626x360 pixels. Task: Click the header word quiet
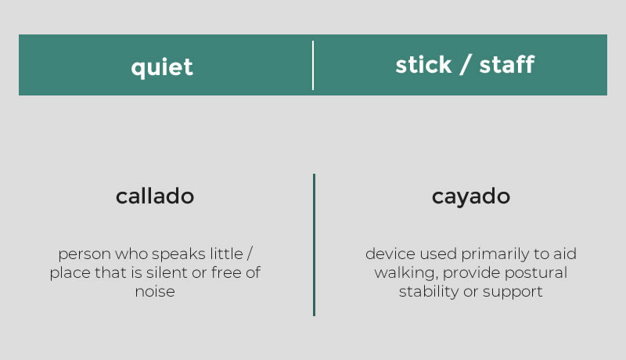coord(162,67)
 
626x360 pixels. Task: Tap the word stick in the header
coord(423,65)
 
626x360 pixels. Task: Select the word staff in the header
coord(506,65)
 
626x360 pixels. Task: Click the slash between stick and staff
coord(465,65)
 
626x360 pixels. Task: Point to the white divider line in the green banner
coord(313,65)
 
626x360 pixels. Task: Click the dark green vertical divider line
coord(315,245)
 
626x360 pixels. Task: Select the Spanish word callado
coord(155,196)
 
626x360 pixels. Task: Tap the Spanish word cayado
coord(471,196)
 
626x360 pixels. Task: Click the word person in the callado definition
coord(85,254)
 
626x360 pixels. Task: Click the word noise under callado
coord(155,292)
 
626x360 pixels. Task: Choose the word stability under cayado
coord(429,292)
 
